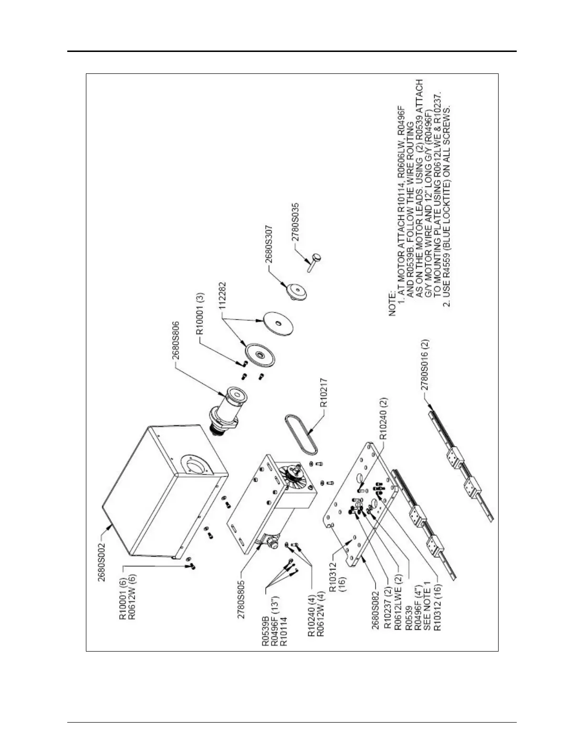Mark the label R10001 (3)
pos(200,311)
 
